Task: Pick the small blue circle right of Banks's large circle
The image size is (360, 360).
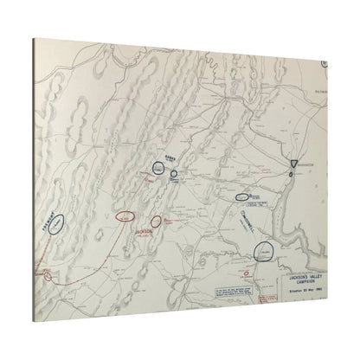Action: pos(174,174)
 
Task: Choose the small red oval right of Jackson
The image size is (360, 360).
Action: pos(157,222)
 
